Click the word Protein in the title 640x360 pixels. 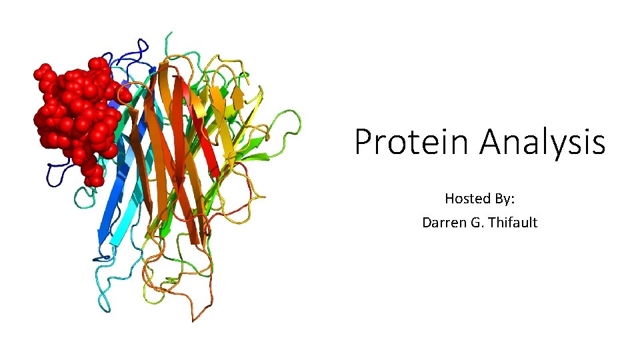[x=413, y=142]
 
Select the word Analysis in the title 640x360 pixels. [x=542, y=142]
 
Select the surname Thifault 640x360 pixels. [x=512, y=222]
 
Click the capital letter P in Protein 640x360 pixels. [x=363, y=142]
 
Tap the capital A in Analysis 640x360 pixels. [x=491, y=142]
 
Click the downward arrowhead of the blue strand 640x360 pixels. [x=103, y=237]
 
